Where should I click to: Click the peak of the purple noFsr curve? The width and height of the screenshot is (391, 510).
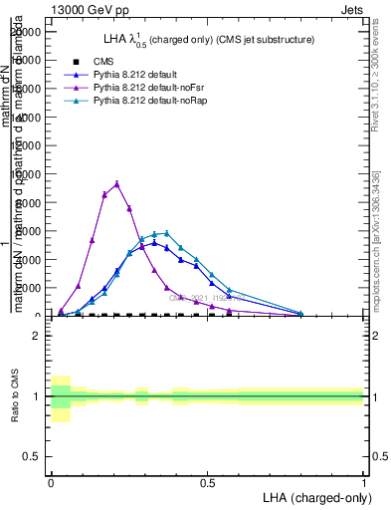click(x=117, y=183)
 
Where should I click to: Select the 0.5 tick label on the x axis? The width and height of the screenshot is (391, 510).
click(x=207, y=481)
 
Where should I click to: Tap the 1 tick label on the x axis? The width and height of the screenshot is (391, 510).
click(x=364, y=481)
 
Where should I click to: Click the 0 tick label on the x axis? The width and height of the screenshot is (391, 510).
click(x=51, y=481)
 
